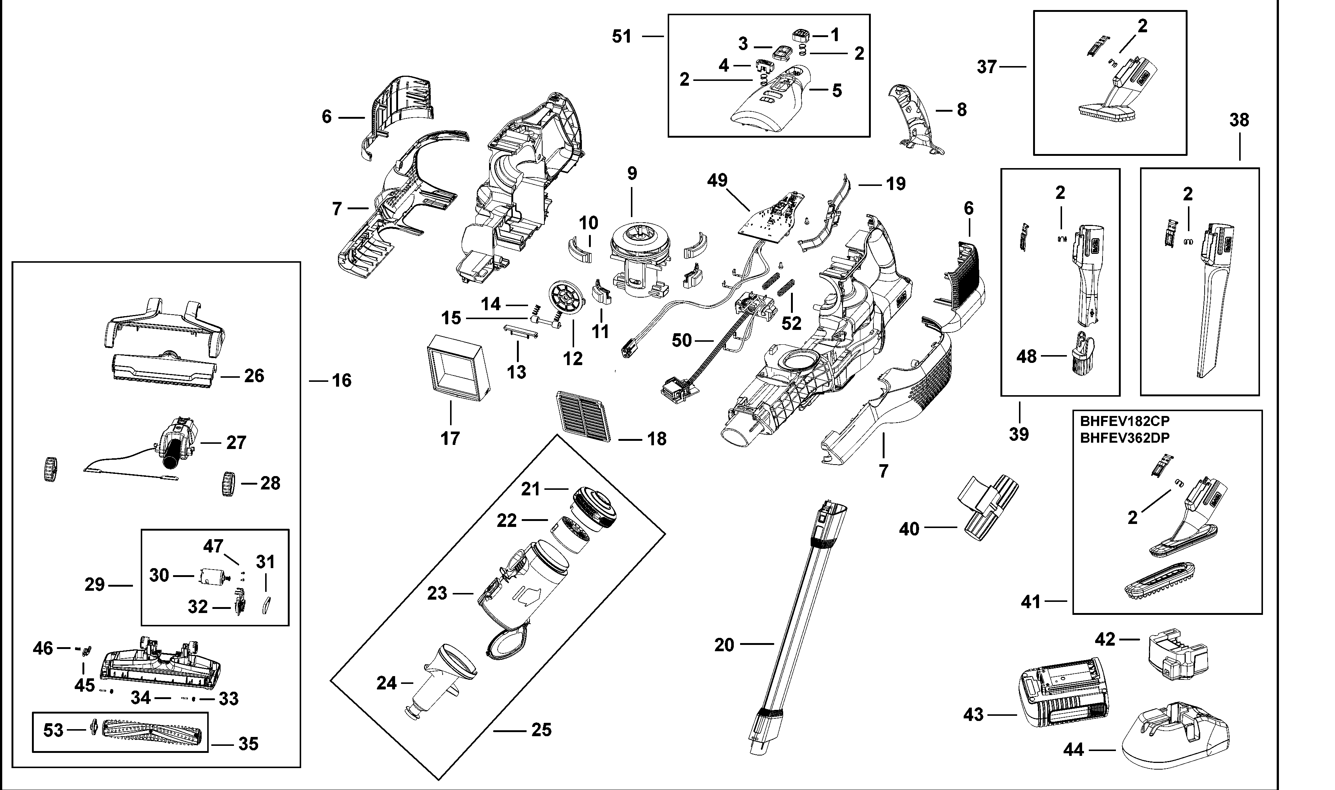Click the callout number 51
point(622,37)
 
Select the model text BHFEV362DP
point(1124,437)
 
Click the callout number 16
point(342,381)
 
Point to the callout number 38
point(1239,120)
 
